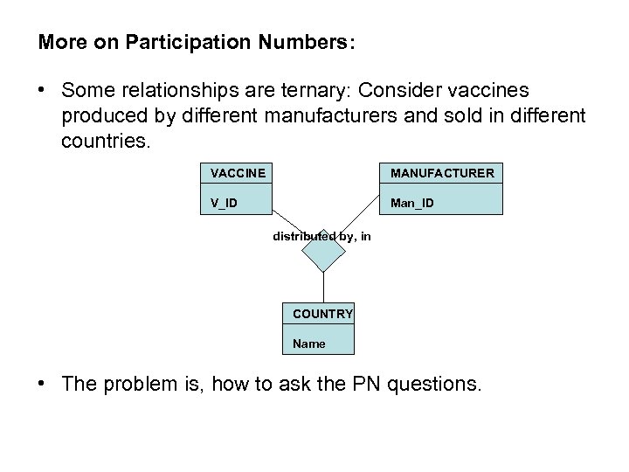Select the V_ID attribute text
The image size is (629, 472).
click(224, 204)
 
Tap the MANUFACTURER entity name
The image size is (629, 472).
click(442, 173)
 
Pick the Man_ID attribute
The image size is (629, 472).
click(411, 204)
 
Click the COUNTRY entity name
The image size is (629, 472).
click(322, 313)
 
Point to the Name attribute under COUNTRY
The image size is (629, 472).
click(309, 344)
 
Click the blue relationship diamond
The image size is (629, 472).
click(324, 253)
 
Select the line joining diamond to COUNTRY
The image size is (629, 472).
click(324, 287)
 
